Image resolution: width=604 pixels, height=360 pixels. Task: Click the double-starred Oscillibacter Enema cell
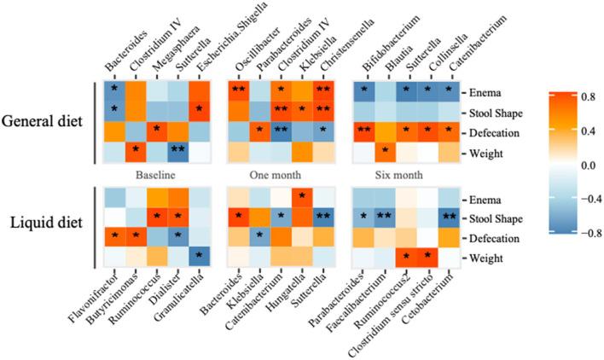(x=237, y=90)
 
